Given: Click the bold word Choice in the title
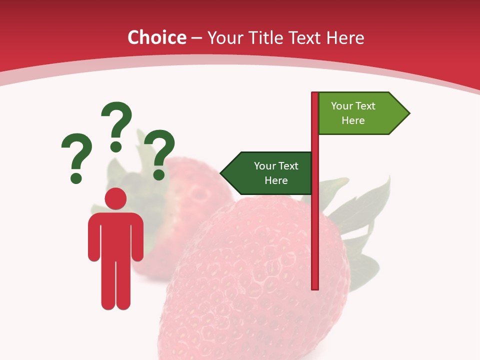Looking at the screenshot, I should click(156, 37).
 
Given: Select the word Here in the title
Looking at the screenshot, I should click(345, 37).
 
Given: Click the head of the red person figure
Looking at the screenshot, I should click(116, 198).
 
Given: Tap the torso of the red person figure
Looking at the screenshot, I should click(116, 235).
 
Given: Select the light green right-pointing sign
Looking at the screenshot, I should click(357, 113).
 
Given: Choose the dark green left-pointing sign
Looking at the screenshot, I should click(270, 173).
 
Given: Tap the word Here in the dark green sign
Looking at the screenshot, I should click(276, 180).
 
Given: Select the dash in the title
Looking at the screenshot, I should click(196, 38).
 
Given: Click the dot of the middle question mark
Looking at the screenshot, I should click(116, 146).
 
